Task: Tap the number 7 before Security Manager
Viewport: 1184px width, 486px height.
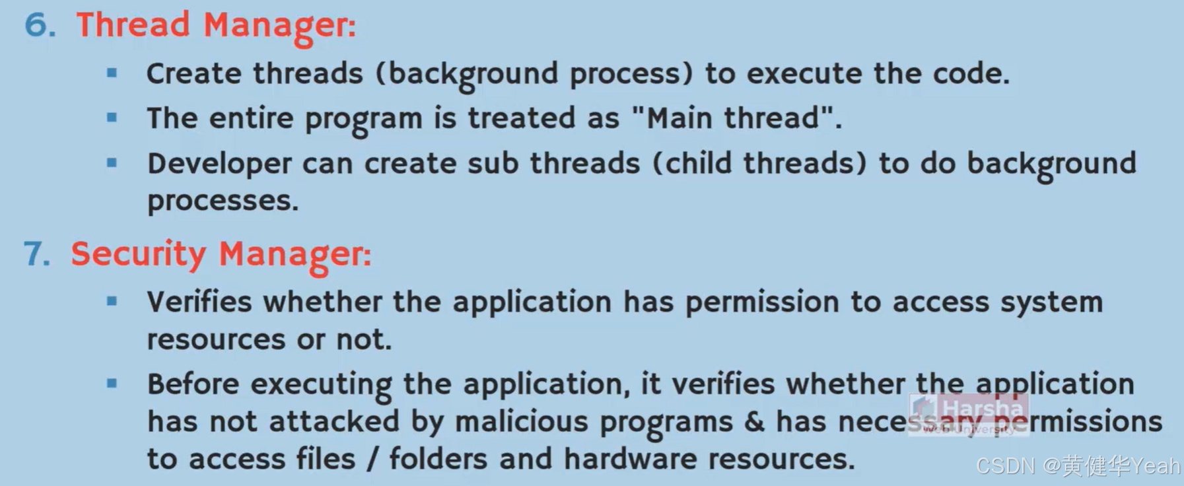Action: pyautogui.click(x=37, y=254)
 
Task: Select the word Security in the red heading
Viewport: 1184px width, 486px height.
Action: pyautogui.click(x=138, y=254)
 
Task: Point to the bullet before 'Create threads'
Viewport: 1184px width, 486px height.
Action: pyautogui.click(x=112, y=73)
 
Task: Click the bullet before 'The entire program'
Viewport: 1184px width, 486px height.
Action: pyautogui.click(x=112, y=118)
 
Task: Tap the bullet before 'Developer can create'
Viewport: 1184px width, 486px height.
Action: pyautogui.click(x=112, y=162)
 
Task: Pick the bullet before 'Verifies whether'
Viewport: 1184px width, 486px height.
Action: pyautogui.click(x=112, y=302)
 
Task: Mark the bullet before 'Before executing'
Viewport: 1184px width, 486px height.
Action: pyautogui.click(x=112, y=383)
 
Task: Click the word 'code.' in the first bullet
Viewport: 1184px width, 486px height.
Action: pyautogui.click(x=971, y=73)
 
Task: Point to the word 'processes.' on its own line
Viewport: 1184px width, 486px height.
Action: pyautogui.click(x=223, y=201)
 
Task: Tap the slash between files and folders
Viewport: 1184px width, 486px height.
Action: pyautogui.click(x=372, y=459)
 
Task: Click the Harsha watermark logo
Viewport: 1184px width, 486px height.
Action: pyautogui.click(x=969, y=413)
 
